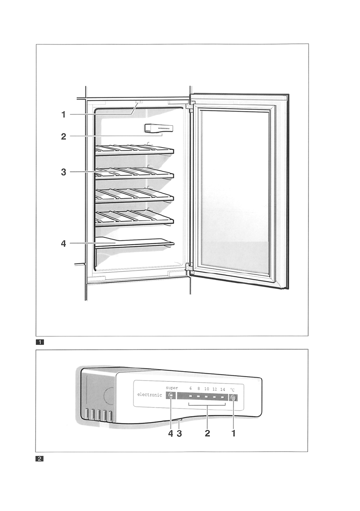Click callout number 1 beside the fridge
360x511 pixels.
(64, 115)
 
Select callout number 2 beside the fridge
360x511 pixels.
(64, 136)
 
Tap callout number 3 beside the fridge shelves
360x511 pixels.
(64, 172)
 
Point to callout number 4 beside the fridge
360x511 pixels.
(64, 244)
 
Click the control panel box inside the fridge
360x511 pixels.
(159, 128)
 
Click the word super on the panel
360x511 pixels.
(172, 388)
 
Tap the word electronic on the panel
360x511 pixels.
(150, 395)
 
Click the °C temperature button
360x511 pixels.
(233, 398)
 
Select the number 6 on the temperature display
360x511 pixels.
(191, 389)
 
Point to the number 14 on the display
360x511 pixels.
(222, 389)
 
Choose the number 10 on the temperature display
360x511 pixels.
(206, 389)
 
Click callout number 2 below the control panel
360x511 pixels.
(207, 433)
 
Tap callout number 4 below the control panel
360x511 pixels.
(170, 433)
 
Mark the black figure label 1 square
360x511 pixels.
(39, 342)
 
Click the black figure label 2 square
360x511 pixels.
(39, 459)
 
